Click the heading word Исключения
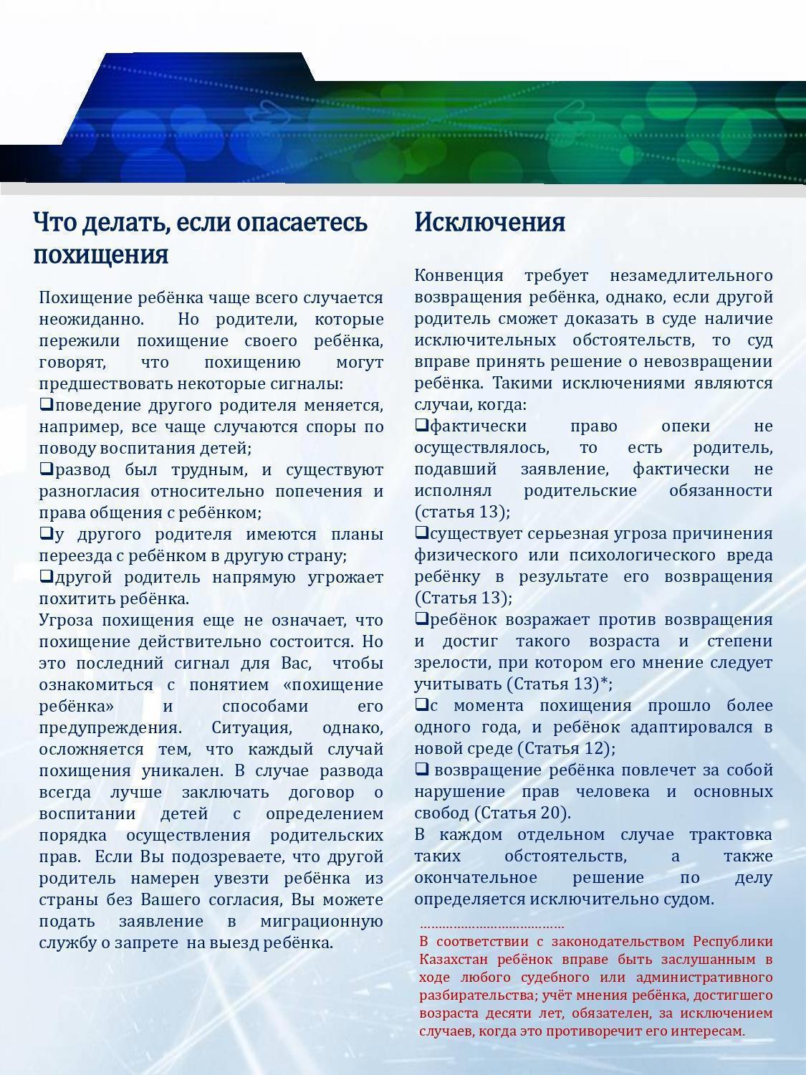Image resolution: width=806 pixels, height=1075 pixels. coord(489,222)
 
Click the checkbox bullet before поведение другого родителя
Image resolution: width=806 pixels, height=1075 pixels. coord(46,405)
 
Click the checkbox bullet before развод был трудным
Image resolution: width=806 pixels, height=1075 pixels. coord(46,469)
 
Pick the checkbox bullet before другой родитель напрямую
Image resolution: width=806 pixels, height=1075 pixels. coord(46,576)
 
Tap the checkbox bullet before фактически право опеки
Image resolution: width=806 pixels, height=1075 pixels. coord(421,426)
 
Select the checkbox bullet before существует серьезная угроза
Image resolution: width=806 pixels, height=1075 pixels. coord(421,533)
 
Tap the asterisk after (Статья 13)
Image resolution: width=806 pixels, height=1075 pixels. coord(604,683)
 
